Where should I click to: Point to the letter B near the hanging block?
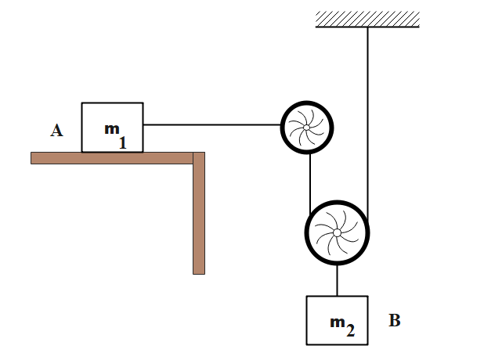click(x=395, y=321)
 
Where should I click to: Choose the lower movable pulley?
click(x=336, y=232)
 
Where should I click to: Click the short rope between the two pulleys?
click(x=311, y=178)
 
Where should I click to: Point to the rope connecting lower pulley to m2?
click(x=337, y=279)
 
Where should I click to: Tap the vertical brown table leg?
click(x=199, y=219)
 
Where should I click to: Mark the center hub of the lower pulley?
click(x=336, y=232)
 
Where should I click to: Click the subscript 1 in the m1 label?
click(x=122, y=143)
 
